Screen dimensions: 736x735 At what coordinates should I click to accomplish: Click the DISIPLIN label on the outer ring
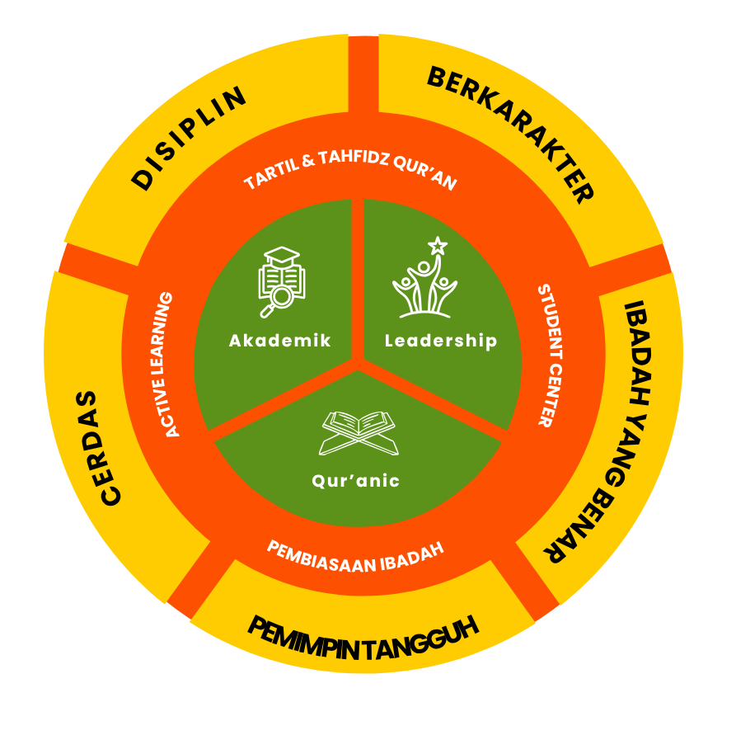(189, 138)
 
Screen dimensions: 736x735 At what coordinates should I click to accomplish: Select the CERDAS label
(98, 448)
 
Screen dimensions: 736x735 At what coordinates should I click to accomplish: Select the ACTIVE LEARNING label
(164, 365)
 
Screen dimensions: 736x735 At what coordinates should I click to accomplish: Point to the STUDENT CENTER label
(551, 356)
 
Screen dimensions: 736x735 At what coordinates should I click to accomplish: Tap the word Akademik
(279, 340)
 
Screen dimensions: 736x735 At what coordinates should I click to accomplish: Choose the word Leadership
(441, 341)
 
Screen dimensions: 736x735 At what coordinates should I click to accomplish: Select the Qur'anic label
(356, 480)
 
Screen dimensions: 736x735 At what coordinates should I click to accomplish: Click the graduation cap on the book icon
(282, 256)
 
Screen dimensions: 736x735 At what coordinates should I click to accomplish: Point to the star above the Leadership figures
(438, 245)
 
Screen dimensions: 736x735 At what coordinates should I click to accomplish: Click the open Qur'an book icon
(359, 433)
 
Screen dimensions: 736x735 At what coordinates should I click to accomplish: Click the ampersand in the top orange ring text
(308, 161)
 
